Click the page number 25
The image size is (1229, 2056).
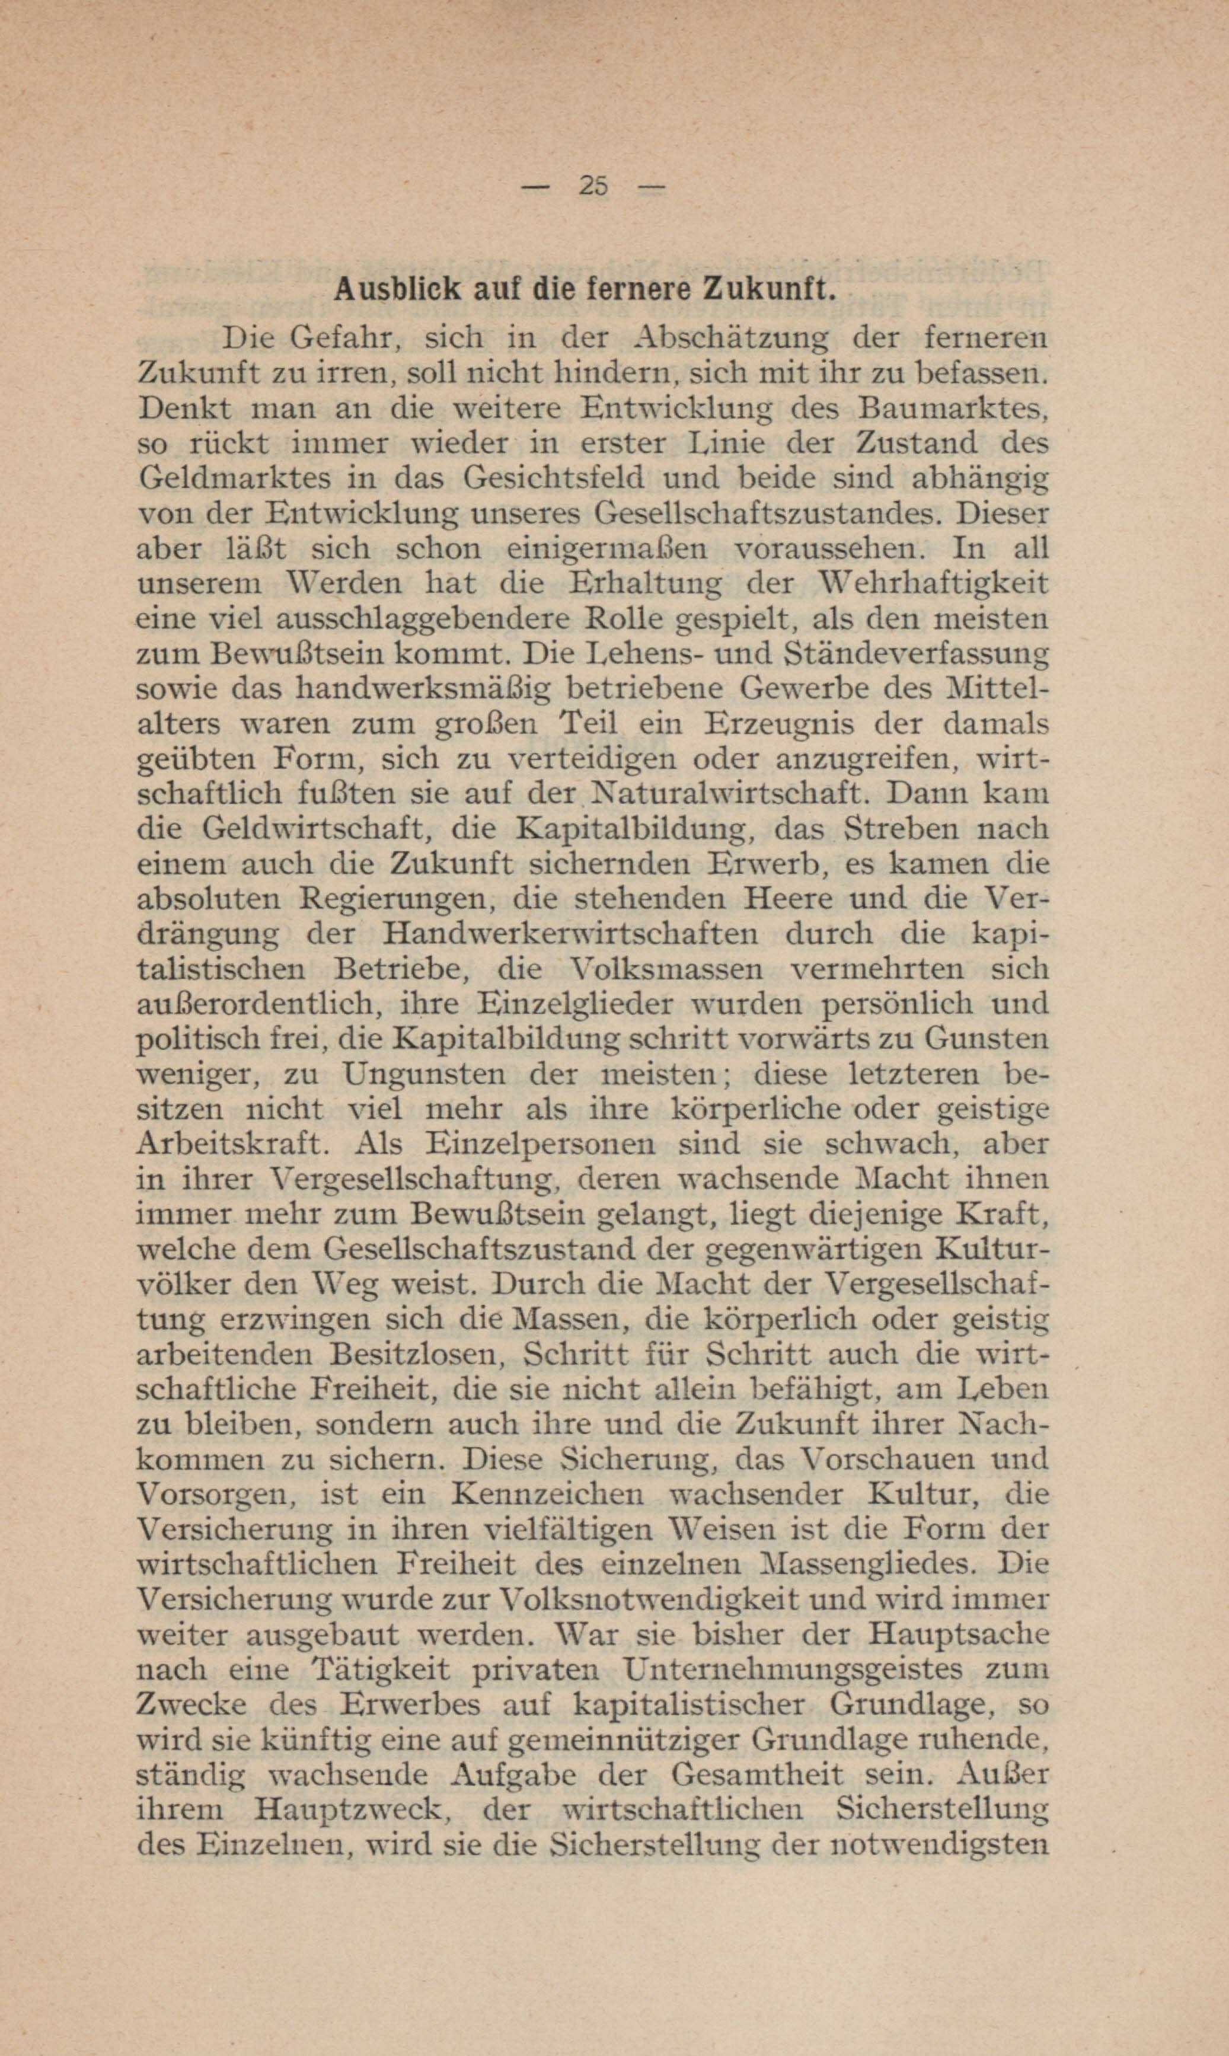pyautogui.click(x=594, y=186)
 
